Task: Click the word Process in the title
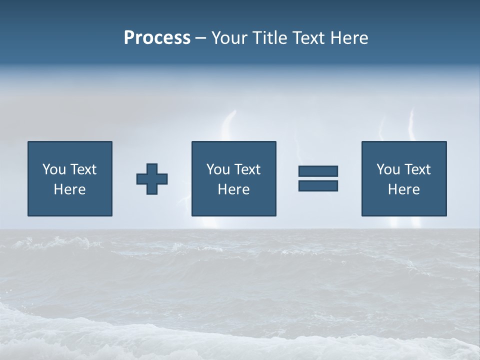click(x=157, y=38)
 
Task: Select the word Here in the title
click(x=349, y=38)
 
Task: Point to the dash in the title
click(x=200, y=38)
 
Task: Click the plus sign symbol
click(x=152, y=179)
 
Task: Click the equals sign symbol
click(x=318, y=178)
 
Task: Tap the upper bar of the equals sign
click(x=318, y=171)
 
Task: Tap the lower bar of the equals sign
click(x=318, y=185)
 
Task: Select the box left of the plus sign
click(x=70, y=178)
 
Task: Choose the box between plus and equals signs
click(x=233, y=178)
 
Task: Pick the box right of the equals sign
click(x=403, y=178)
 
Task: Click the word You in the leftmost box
click(x=54, y=169)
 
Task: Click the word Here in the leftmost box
click(x=70, y=189)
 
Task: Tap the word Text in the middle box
click(x=247, y=169)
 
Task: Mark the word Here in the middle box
click(x=233, y=189)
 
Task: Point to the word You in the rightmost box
click(x=388, y=169)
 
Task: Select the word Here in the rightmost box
click(x=403, y=189)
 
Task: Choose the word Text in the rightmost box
click(x=417, y=169)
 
